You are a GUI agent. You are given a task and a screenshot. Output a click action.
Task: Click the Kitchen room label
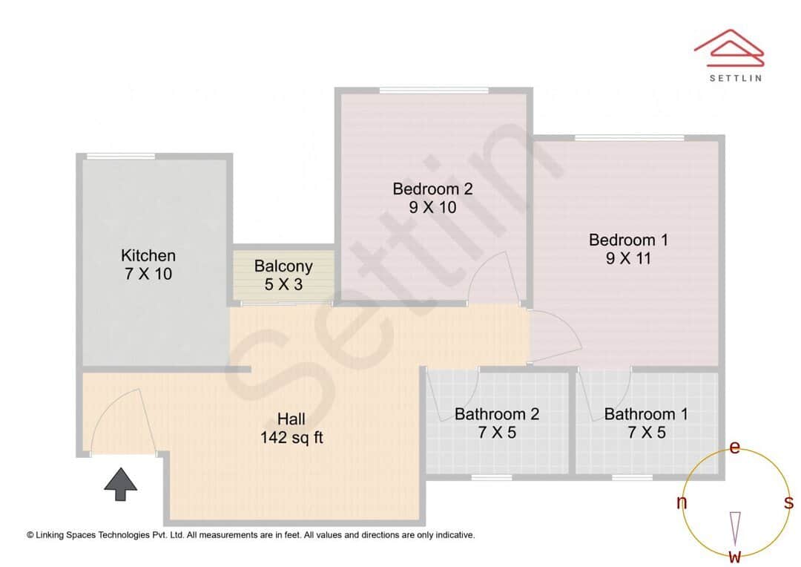(148, 255)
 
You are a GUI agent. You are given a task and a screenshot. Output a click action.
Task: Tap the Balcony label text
(283, 266)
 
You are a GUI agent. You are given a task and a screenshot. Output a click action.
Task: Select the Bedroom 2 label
(432, 189)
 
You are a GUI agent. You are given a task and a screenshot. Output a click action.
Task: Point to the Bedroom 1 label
(628, 240)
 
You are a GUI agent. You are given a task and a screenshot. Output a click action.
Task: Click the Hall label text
(291, 419)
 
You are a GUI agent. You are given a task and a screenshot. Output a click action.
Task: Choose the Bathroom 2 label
(497, 414)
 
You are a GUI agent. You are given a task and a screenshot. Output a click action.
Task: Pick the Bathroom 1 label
(646, 414)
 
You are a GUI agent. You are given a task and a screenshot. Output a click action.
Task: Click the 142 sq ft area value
(291, 438)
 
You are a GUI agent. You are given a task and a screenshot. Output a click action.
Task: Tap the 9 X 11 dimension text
(628, 259)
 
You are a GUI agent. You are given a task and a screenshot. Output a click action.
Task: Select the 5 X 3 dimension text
(283, 284)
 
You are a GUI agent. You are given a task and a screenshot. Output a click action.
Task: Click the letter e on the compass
(735, 448)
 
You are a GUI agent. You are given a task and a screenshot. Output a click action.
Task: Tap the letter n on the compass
(682, 503)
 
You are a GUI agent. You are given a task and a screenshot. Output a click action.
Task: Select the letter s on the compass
(788, 503)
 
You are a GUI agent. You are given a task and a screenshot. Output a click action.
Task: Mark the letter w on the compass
(735, 556)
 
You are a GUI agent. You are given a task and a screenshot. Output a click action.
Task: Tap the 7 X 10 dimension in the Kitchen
(148, 274)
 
